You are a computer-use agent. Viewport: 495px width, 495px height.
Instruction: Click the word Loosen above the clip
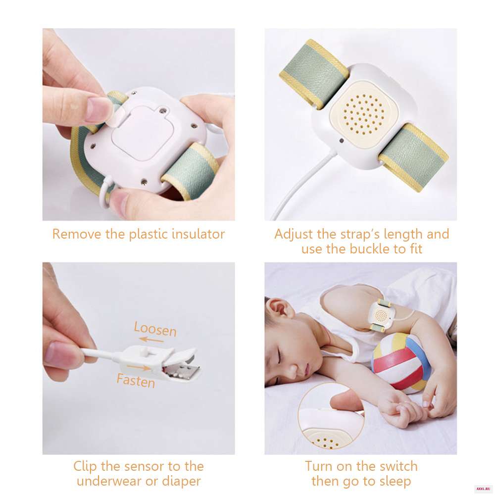[x=155, y=329]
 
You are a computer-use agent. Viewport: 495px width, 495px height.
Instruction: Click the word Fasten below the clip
[x=136, y=380]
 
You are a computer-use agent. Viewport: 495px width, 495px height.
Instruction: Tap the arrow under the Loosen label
[x=151, y=340]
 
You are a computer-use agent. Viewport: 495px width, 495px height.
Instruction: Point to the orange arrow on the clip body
[x=139, y=368]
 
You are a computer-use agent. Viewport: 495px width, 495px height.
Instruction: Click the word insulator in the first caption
[x=198, y=234]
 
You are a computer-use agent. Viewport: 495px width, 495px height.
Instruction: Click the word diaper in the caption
[x=182, y=482]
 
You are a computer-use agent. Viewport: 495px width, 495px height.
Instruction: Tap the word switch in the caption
[x=398, y=466]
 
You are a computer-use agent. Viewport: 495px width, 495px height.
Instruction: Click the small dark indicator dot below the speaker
[x=342, y=141]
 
